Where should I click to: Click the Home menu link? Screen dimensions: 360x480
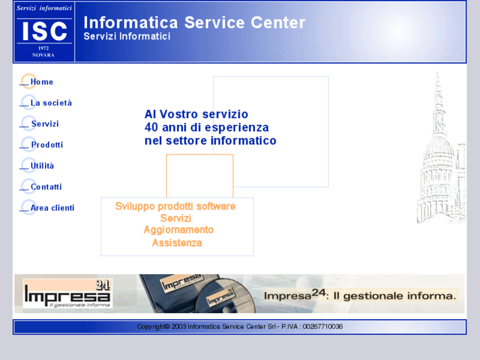42,82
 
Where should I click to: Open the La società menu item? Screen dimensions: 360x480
51,103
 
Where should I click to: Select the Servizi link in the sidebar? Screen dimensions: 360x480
45,124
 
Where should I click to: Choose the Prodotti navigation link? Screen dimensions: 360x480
47,145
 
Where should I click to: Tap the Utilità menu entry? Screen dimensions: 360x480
42,166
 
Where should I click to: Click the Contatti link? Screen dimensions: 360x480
46,187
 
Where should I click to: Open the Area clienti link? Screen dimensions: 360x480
52,208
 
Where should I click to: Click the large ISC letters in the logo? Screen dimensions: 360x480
44,30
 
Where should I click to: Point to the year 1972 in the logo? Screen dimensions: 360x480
44,48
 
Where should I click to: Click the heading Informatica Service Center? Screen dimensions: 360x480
194,22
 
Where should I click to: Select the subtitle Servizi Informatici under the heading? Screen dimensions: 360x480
127,36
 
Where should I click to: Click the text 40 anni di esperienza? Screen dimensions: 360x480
207,127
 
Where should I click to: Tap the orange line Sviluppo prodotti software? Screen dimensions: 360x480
175,206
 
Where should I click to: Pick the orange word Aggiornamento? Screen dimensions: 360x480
178,230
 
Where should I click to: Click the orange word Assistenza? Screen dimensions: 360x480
177,242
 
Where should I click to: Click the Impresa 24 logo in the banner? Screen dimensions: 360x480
67,294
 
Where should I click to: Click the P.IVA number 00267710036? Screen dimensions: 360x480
322,326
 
